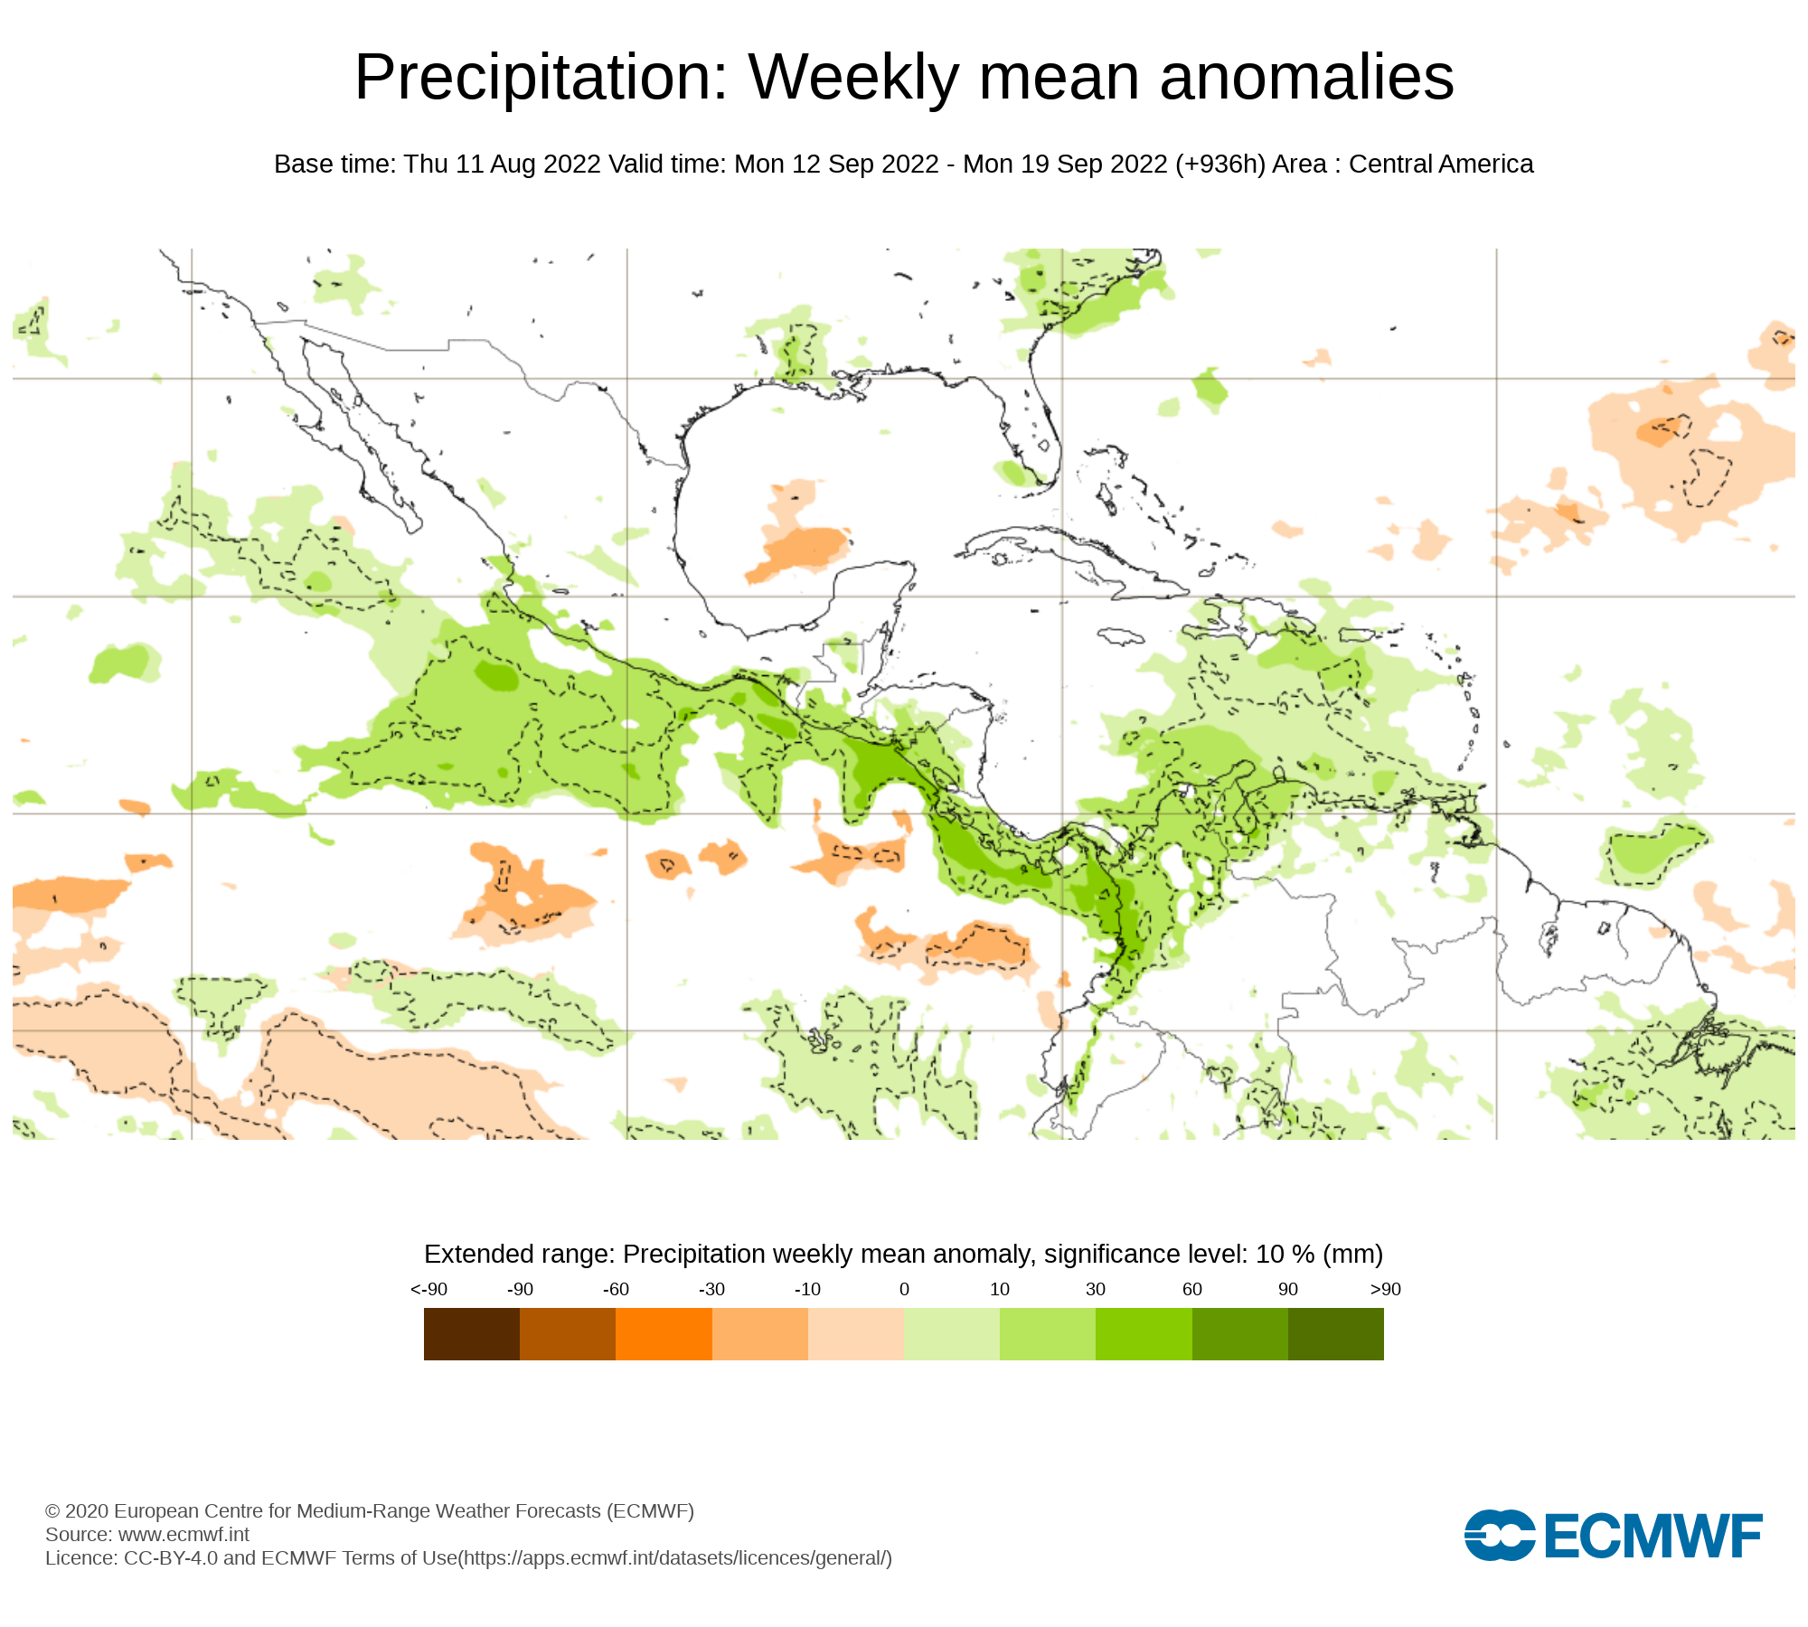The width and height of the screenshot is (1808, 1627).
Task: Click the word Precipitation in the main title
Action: click(x=541, y=78)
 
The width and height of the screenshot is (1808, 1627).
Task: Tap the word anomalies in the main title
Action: click(x=1306, y=78)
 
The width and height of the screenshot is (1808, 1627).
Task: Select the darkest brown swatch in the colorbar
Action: click(x=471, y=1333)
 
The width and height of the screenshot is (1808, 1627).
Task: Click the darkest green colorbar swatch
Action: click(x=1335, y=1333)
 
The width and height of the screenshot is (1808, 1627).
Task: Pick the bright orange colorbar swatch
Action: click(x=664, y=1333)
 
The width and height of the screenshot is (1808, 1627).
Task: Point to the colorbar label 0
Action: click(x=904, y=1290)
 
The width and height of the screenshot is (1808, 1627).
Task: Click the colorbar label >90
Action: click(x=1385, y=1290)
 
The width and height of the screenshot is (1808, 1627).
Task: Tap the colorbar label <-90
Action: click(x=428, y=1290)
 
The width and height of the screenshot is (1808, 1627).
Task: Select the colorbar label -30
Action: click(x=711, y=1290)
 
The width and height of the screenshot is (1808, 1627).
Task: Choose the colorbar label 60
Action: click(x=1191, y=1290)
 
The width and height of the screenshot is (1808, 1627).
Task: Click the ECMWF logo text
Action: click(x=1653, y=1536)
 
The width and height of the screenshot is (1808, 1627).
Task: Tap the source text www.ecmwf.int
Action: click(x=184, y=1534)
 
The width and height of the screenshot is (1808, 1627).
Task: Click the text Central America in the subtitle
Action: click(x=1441, y=165)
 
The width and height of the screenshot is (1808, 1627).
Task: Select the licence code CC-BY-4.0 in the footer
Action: click(x=171, y=1557)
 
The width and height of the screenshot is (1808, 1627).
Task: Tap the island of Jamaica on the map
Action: click(x=1121, y=637)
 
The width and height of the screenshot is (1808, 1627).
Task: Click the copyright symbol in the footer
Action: click(x=52, y=1511)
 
